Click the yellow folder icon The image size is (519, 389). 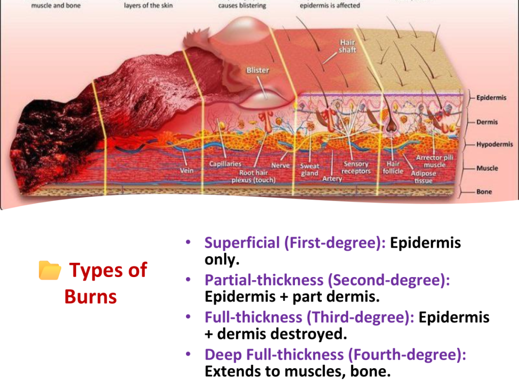pyautogui.click(x=50, y=270)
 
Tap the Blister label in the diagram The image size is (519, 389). pyautogui.click(x=257, y=70)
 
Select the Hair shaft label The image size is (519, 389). pyautogui.click(x=347, y=46)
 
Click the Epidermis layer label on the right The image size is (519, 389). pyautogui.click(x=491, y=98)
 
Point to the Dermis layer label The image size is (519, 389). pyautogui.click(x=487, y=122)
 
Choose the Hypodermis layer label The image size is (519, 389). pyautogui.click(x=495, y=144)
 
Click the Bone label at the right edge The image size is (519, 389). pyautogui.click(x=484, y=191)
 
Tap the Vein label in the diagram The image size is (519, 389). pyautogui.click(x=187, y=170)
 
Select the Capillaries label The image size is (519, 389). pyautogui.click(x=225, y=164)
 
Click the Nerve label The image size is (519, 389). pyautogui.click(x=280, y=165)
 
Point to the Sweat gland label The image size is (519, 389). pyautogui.click(x=310, y=169)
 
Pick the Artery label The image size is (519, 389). pyautogui.click(x=332, y=179)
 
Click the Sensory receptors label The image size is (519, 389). pyautogui.click(x=356, y=167)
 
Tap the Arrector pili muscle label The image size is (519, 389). pyautogui.click(x=434, y=161)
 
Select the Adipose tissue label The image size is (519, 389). pyautogui.click(x=423, y=177)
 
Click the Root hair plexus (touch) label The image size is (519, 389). pyautogui.click(x=253, y=176)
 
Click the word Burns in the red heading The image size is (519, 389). pyautogui.click(x=90, y=296)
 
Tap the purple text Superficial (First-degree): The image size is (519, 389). pyautogui.click(x=295, y=243)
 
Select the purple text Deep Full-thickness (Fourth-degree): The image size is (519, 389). pyautogui.click(x=336, y=354)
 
